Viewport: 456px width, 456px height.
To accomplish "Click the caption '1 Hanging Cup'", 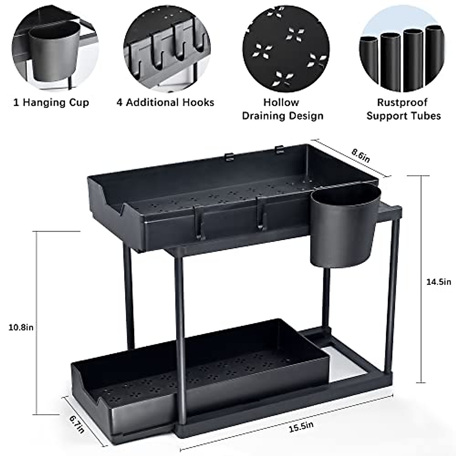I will pyautogui.click(x=51, y=103).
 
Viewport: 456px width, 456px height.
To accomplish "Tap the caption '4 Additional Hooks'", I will pyautogui.click(x=165, y=103).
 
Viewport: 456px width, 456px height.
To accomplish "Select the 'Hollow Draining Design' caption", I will pyautogui.click(x=282, y=109).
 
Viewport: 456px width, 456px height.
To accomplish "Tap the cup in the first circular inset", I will pyautogui.click(x=54, y=53).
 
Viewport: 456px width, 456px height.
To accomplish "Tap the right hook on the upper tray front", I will pyautogui.click(x=260, y=214).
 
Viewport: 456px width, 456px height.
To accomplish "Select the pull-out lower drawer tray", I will pyautogui.click(x=198, y=376).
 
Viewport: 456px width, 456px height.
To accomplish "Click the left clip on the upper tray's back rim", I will pyautogui.click(x=228, y=156).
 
